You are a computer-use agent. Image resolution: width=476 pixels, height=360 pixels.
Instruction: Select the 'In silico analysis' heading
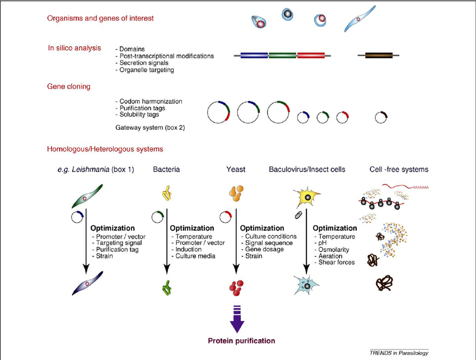pyautogui.click(x=74, y=48)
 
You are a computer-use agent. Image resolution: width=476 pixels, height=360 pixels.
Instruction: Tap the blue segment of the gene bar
pyautogui.click(x=254, y=55)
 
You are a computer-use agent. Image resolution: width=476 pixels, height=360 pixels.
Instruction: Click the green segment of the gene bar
pyautogui.click(x=283, y=55)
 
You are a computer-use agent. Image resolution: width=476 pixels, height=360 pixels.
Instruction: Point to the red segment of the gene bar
pyautogui.click(x=311, y=55)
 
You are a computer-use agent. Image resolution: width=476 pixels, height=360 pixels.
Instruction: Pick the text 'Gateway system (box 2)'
pyautogui.click(x=150, y=128)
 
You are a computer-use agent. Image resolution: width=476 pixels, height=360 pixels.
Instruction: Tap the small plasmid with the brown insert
pyautogui.click(x=382, y=117)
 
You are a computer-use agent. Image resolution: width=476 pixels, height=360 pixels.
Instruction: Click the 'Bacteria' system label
pyautogui.click(x=166, y=169)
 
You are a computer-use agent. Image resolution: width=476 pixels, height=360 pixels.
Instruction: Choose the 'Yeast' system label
pyautogui.click(x=236, y=169)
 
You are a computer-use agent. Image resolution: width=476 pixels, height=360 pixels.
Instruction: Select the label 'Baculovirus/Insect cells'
pyautogui.click(x=307, y=169)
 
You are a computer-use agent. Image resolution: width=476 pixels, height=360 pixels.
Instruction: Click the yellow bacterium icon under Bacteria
pyautogui.click(x=166, y=195)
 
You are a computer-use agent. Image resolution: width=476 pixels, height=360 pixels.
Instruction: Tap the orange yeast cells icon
pyautogui.click(x=236, y=194)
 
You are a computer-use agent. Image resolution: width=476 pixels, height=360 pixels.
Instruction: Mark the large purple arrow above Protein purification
pyautogui.click(x=235, y=319)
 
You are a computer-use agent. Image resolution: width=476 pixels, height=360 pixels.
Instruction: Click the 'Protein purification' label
pyautogui.click(x=241, y=340)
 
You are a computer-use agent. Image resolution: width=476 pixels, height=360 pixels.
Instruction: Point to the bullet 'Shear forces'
pyautogui.click(x=335, y=262)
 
